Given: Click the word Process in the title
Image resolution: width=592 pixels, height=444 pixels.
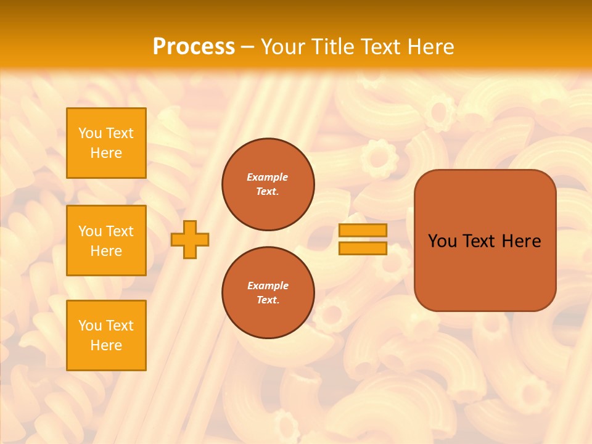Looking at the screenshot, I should [x=194, y=47].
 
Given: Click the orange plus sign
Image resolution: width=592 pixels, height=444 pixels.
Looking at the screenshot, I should [x=190, y=239].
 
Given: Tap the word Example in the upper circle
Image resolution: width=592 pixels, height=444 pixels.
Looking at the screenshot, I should [x=268, y=177].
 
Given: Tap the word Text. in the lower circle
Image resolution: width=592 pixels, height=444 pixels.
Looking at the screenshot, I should [x=268, y=300].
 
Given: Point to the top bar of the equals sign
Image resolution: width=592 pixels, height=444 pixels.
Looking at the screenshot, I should [x=363, y=231].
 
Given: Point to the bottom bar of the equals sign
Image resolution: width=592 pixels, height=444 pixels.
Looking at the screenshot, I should [x=363, y=248].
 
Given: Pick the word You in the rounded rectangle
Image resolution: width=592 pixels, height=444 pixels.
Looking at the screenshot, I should [x=442, y=241].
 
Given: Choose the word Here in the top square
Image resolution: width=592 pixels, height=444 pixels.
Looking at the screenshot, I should [x=106, y=153].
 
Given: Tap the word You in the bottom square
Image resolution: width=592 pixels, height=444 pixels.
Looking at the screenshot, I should [x=90, y=326].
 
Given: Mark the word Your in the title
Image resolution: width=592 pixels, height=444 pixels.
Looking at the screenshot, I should [x=282, y=47].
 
